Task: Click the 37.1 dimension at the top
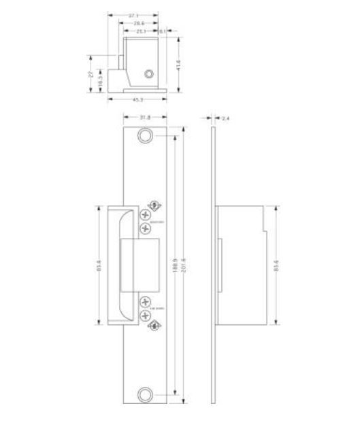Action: click(133, 14)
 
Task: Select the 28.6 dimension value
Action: click(138, 22)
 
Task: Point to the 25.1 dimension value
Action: click(142, 31)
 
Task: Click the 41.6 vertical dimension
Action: click(179, 66)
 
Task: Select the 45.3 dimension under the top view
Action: click(137, 100)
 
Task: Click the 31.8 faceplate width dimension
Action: click(145, 118)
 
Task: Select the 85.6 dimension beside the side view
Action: click(276, 266)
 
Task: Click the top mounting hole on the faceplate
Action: click(145, 136)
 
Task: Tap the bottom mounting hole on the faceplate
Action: click(145, 395)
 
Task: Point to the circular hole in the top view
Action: click(148, 73)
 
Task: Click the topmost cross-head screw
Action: click(145, 214)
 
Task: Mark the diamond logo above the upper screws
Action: click(154, 205)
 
